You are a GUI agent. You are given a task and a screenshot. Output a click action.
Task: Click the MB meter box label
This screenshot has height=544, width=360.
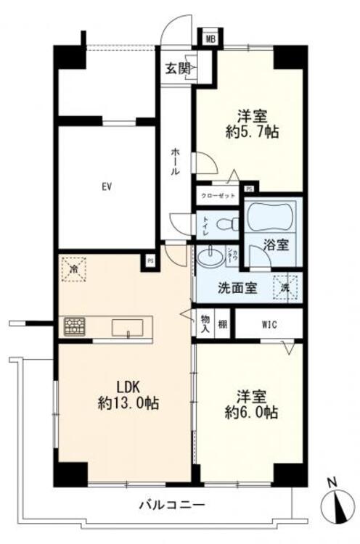click(x=210, y=39)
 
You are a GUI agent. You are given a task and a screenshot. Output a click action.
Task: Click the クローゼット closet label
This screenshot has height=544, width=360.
click(x=218, y=197)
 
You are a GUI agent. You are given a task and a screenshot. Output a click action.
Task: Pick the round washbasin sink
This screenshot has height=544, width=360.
click(x=211, y=258)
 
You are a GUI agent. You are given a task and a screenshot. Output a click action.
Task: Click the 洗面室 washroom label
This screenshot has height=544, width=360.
click(x=237, y=287)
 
